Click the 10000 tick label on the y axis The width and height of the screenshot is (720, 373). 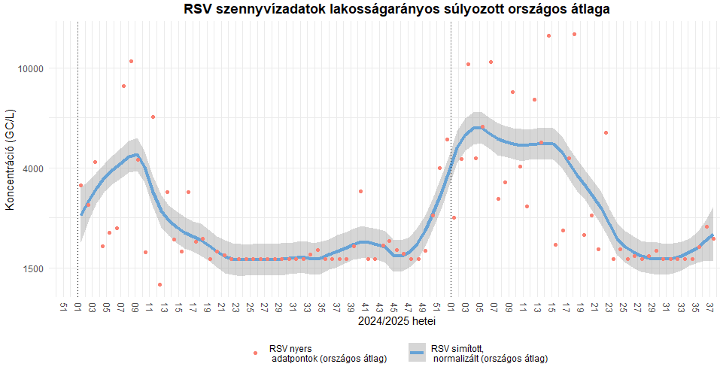(32, 68)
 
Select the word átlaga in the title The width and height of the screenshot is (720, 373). (585, 10)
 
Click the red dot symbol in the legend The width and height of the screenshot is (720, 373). (256, 353)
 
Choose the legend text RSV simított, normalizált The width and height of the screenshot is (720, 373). (489, 353)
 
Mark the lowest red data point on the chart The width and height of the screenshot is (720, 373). (159, 284)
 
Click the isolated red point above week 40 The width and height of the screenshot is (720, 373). (360, 191)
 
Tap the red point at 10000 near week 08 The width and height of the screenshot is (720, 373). (131, 61)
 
